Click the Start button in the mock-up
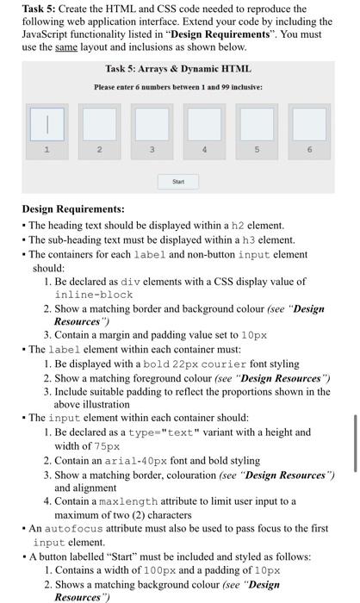(x=178, y=182)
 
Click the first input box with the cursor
(x=48, y=124)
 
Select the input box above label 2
(x=100, y=124)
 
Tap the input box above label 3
(x=152, y=124)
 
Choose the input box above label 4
(x=204, y=124)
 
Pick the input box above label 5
(x=257, y=124)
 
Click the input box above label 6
(x=308, y=124)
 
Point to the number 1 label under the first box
(x=48, y=150)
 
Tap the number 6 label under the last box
(x=308, y=150)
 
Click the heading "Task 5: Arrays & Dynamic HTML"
(x=178, y=69)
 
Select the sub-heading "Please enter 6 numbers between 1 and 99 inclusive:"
(x=178, y=87)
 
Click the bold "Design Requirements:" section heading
(x=73, y=209)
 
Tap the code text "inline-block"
(x=93, y=295)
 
